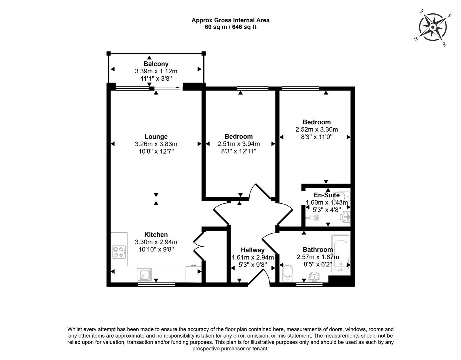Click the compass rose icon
pos(433,27)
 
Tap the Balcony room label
pos(156,64)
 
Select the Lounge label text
pos(156,136)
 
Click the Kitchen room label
pos(156,235)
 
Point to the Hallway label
pos(252,250)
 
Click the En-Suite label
pos(326,195)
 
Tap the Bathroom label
pos(317,250)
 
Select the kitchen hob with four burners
pos(119,252)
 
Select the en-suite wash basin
pos(346,217)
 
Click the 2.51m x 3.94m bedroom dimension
pos(238,144)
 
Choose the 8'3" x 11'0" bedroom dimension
pos(316,137)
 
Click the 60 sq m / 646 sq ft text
pos(230,27)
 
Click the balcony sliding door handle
pos(178,88)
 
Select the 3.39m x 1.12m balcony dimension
pos(156,71)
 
